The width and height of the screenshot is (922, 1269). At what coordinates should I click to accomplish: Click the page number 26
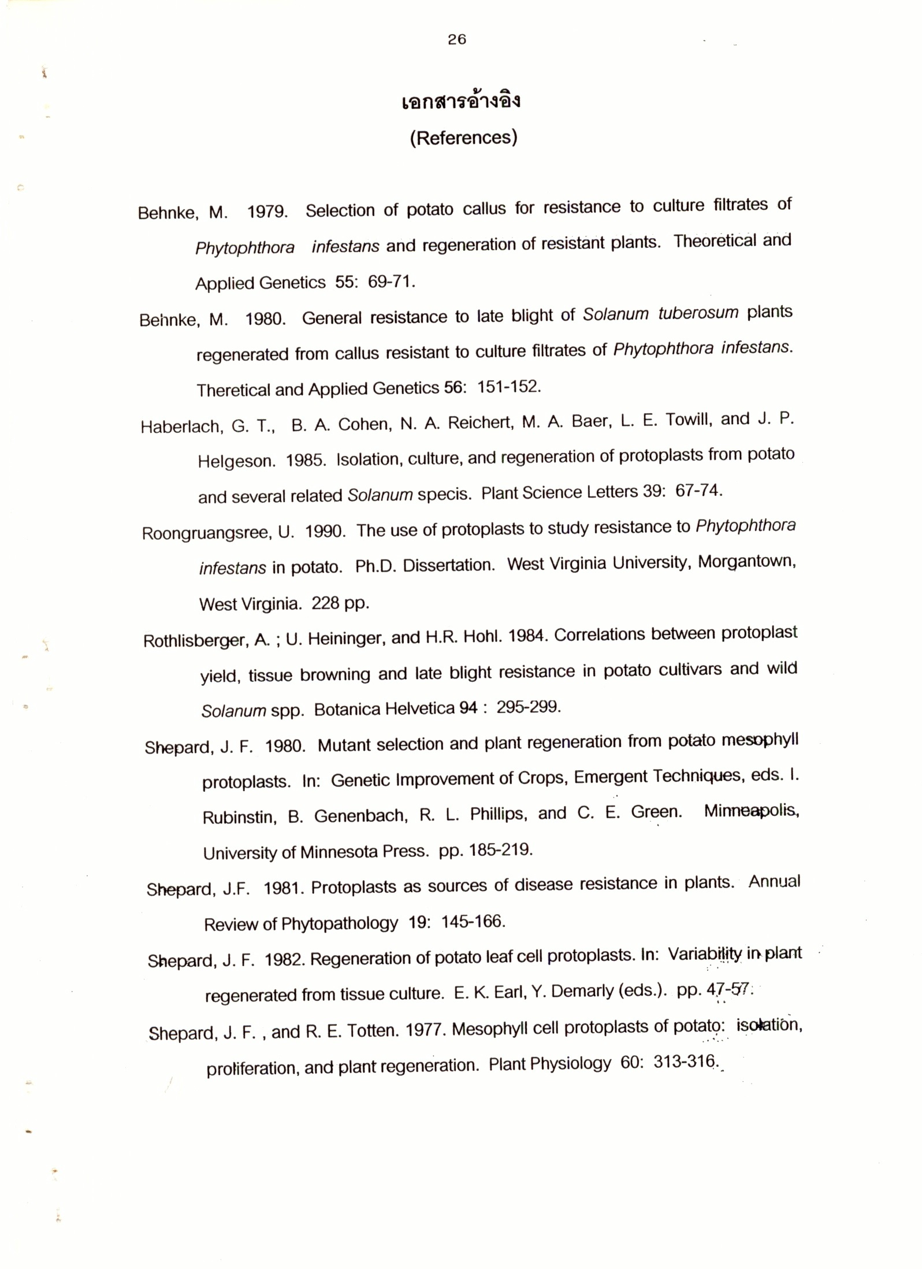pyautogui.click(x=456, y=39)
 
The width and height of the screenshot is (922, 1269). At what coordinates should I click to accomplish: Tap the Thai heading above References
pyautogui.click(x=461, y=102)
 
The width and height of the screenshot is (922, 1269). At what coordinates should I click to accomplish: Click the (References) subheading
pyautogui.click(x=463, y=138)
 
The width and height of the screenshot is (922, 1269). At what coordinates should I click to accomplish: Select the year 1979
pyautogui.click(x=267, y=211)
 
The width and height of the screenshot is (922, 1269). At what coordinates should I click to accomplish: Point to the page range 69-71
pyautogui.click(x=391, y=282)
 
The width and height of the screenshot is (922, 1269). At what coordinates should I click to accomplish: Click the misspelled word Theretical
pyautogui.click(x=233, y=390)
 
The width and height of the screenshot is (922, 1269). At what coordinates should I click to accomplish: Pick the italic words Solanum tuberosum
pyautogui.click(x=660, y=314)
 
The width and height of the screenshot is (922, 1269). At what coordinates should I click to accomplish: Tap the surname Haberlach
pyautogui.click(x=181, y=426)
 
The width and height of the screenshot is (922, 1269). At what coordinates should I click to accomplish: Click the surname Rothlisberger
pyautogui.click(x=195, y=640)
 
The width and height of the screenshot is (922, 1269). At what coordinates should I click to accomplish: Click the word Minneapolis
pyautogui.click(x=750, y=811)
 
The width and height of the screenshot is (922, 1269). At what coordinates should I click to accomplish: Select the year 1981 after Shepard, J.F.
pyautogui.click(x=283, y=887)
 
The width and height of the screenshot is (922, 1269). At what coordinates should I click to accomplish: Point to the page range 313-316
pyautogui.click(x=685, y=1062)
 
